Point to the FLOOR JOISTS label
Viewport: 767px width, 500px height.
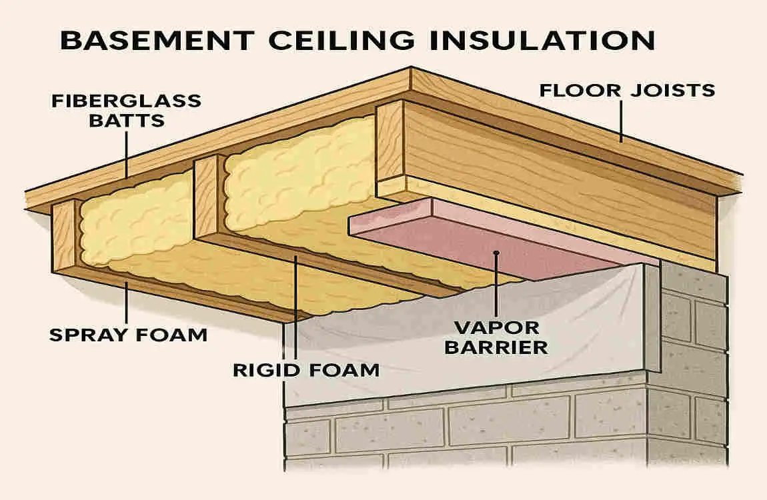[627, 89]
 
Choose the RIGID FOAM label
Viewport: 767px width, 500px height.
[305, 369]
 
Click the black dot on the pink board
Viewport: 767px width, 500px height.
[496, 253]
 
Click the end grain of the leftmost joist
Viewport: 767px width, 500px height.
[65, 237]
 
